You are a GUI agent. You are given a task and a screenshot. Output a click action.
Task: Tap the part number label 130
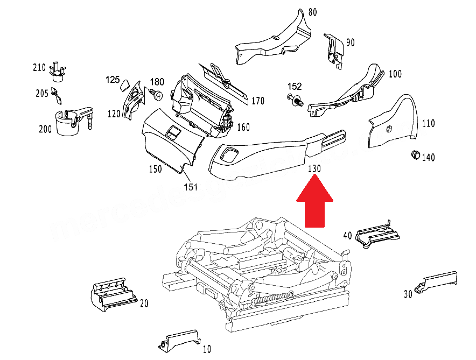tap(314, 168)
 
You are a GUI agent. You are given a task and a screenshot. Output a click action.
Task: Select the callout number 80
tap(313, 11)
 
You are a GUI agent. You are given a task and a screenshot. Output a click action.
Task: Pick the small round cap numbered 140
tap(415, 155)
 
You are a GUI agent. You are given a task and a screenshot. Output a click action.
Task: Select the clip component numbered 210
tap(57, 71)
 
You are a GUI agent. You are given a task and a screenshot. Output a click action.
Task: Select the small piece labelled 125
tap(124, 85)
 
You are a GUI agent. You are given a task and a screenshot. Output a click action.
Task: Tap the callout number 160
tap(243, 128)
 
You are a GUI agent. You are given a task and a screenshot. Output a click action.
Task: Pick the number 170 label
tap(258, 100)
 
